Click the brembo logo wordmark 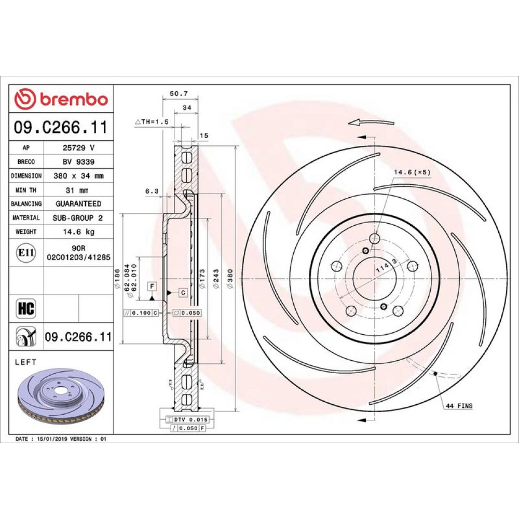pyautogui.click(x=74, y=99)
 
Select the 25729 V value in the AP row pyautogui.click(x=78, y=147)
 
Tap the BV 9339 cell pyautogui.click(x=78, y=161)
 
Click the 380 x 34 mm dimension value pyautogui.click(x=78, y=176)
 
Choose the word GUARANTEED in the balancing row pyautogui.click(x=78, y=203)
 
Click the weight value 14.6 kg pyautogui.click(x=79, y=231)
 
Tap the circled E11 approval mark pyautogui.click(x=26, y=253)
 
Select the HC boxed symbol pyautogui.click(x=26, y=308)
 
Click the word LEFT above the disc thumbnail pyautogui.click(x=26, y=362)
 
